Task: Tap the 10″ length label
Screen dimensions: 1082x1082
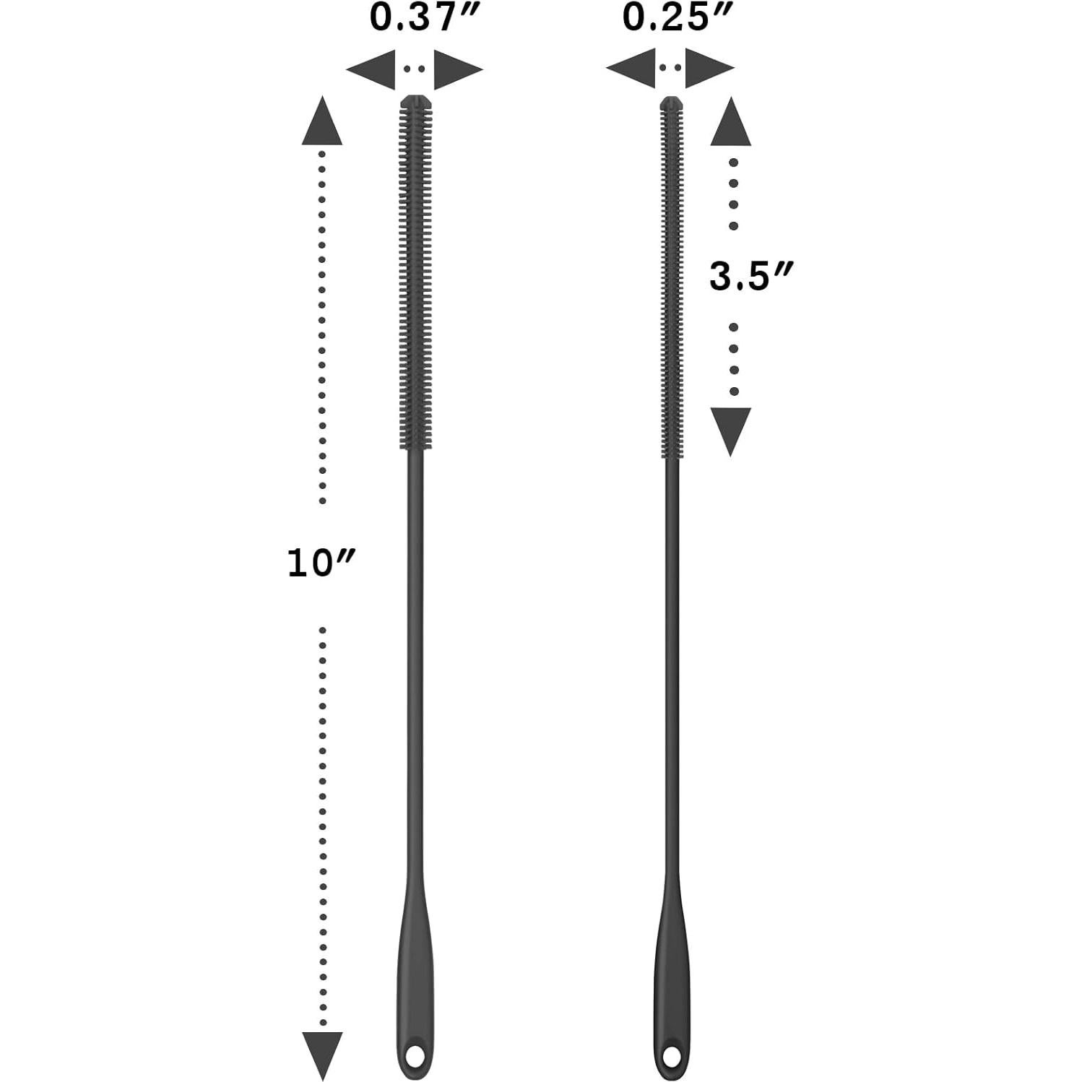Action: pos(321,563)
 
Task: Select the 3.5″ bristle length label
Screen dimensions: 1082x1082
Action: pos(751,277)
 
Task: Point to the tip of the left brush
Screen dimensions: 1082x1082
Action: pos(415,100)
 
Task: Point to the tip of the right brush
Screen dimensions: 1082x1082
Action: pos(671,101)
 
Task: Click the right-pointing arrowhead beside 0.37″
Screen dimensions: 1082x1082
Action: pos(456,70)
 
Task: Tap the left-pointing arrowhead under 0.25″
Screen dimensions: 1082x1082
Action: pos(631,69)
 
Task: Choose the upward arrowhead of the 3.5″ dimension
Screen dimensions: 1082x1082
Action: pos(731,124)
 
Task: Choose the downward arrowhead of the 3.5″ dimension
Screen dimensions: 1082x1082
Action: pos(731,429)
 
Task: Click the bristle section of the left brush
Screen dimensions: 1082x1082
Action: pos(415,274)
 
